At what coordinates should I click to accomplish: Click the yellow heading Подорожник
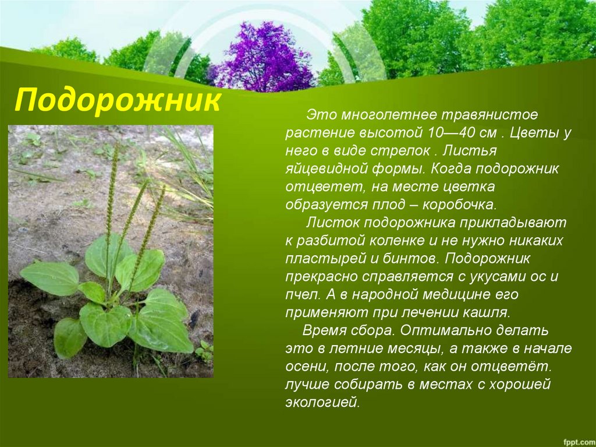pyautogui.click(x=118, y=100)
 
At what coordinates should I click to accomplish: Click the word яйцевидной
pyautogui.click(x=327, y=169)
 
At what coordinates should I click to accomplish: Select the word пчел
pyautogui.click(x=301, y=295)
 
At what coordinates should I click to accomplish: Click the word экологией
pyautogui.click(x=322, y=403)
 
